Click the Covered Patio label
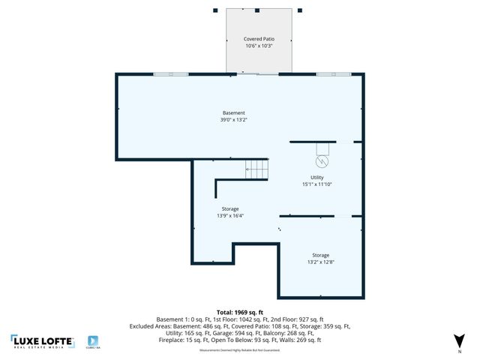(x=258, y=38)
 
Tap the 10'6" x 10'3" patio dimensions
(x=258, y=46)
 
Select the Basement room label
(x=233, y=112)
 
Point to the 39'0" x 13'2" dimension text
(x=233, y=120)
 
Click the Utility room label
(x=316, y=177)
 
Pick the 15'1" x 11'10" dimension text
(x=316, y=184)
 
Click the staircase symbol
(x=256, y=169)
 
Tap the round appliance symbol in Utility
(x=322, y=161)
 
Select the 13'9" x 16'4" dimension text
(x=230, y=216)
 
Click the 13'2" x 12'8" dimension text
(x=320, y=262)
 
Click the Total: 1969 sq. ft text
(x=239, y=311)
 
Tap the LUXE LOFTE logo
(x=42, y=341)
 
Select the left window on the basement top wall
(x=171, y=73)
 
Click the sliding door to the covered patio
(x=258, y=73)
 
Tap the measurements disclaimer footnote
(x=239, y=350)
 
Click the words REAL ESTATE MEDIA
(x=42, y=347)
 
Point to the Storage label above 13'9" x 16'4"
(x=230, y=208)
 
